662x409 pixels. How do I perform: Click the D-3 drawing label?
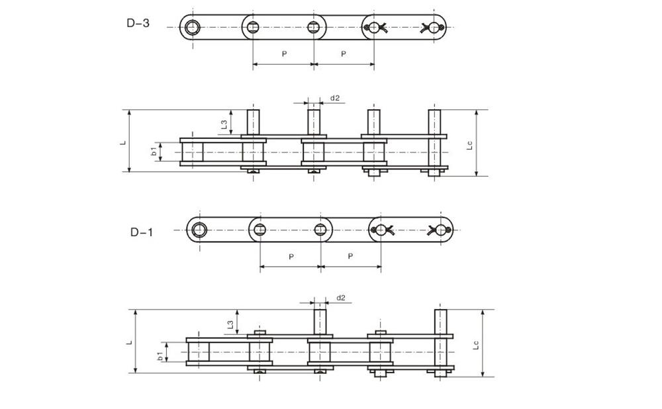138,23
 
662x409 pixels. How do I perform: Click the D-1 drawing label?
141,232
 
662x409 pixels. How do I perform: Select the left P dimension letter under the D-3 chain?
284,54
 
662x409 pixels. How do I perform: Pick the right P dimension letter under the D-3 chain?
344,54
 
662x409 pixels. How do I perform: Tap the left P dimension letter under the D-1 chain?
291,256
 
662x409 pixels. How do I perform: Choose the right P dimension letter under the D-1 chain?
350,256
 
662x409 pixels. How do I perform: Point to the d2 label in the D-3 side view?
335,98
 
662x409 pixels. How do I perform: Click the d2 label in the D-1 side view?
341,298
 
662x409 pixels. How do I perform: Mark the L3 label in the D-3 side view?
224,123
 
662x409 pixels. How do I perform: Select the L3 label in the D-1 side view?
230,324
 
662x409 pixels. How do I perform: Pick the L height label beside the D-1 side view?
130,342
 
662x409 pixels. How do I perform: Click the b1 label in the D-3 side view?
154,152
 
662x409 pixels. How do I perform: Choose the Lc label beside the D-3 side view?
469,144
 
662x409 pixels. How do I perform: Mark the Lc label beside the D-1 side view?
476,344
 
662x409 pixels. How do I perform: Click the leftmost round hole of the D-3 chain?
193,27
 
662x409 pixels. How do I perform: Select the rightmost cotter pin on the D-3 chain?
431,27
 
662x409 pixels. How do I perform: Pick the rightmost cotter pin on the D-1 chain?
439,230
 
